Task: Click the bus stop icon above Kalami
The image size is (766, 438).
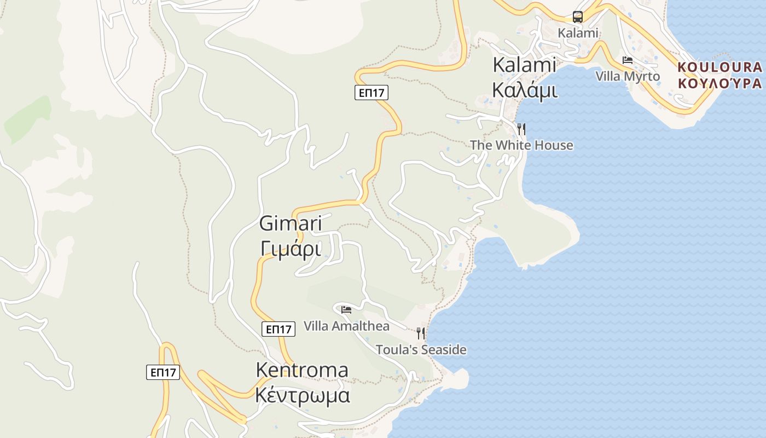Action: click(578, 16)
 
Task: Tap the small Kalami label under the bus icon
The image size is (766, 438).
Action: click(578, 33)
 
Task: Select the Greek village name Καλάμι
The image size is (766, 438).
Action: click(525, 90)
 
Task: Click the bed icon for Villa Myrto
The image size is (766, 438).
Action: click(628, 60)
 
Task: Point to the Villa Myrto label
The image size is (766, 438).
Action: click(628, 76)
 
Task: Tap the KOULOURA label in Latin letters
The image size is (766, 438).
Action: click(719, 67)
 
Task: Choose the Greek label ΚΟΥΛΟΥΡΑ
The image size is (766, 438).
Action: click(719, 83)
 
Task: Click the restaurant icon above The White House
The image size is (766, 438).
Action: click(521, 129)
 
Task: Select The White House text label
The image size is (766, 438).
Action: click(521, 145)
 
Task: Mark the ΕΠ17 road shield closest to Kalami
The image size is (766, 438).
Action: click(372, 93)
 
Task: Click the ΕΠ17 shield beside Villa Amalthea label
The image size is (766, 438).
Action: click(278, 328)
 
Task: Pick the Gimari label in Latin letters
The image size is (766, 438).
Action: click(291, 223)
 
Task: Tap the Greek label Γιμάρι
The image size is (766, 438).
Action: click(291, 248)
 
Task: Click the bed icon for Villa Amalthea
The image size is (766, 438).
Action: click(346, 310)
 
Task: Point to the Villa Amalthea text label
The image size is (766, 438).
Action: click(346, 326)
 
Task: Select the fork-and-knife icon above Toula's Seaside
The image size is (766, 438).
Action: click(420, 333)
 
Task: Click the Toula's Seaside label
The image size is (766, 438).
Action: click(421, 349)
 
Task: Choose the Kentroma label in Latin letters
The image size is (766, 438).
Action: click(302, 370)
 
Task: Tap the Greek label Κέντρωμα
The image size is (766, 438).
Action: click(303, 394)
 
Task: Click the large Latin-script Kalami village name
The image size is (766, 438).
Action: click(525, 65)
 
